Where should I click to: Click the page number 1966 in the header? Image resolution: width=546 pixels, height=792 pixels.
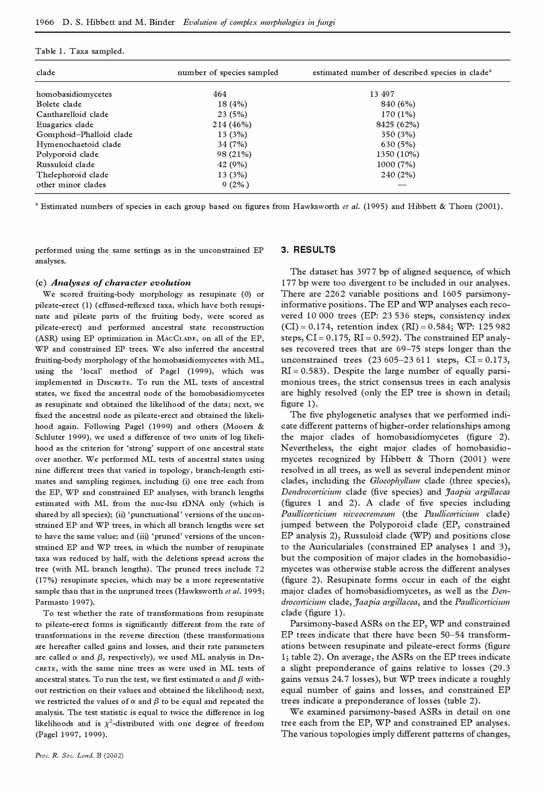pos(45,23)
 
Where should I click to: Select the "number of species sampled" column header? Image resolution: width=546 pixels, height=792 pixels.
pos(227,73)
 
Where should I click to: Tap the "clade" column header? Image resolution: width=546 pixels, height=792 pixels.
pos(46,73)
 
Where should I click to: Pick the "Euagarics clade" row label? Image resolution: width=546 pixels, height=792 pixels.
pos(65,125)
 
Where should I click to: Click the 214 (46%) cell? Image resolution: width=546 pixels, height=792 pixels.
pos(232,125)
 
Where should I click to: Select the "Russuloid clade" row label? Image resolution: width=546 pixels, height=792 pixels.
pos(65,165)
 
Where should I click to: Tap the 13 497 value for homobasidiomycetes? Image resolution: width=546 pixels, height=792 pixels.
pos(382,94)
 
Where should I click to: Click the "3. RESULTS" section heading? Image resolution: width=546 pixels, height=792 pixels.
pos(308,250)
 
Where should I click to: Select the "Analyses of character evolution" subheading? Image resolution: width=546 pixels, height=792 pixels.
pos(121,283)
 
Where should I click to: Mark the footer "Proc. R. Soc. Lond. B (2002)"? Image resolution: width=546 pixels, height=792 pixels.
pos(80,755)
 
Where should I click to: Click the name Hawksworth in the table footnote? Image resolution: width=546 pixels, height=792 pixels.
pos(316,207)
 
